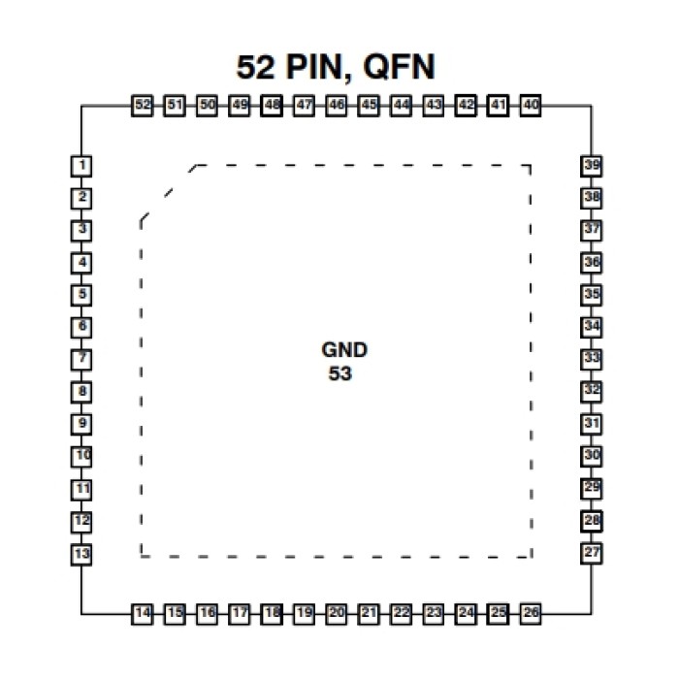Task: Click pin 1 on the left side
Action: tap(83, 166)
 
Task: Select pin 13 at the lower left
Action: tap(83, 554)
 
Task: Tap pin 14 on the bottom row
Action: tap(144, 613)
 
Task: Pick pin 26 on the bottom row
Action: tap(531, 613)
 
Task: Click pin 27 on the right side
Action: tap(592, 553)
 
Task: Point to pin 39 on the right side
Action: tap(592, 166)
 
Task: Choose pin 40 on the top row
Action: tap(530, 105)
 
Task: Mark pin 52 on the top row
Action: tap(143, 105)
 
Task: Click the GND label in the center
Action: tap(345, 350)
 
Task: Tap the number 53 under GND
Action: tap(340, 373)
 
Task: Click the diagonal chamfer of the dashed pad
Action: tap(166, 193)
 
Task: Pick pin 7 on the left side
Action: tap(83, 359)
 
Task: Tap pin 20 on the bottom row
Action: tap(337, 613)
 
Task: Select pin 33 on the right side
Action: tap(592, 358)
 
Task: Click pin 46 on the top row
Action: tap(337, 105)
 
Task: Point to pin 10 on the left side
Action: tap(83, 455)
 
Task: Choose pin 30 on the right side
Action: tap(592, 455)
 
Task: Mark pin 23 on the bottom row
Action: tap(434, 613)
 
